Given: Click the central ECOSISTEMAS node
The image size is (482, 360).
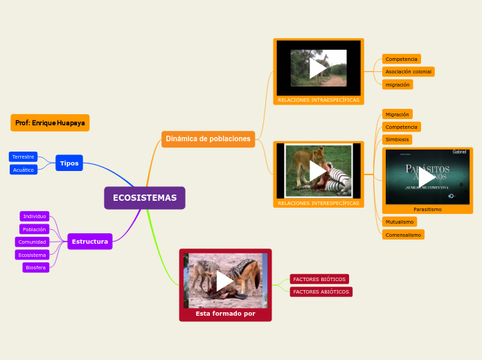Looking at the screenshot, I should tap(145, 198).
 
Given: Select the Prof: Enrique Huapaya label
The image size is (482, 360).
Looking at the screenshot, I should tap(50, 123).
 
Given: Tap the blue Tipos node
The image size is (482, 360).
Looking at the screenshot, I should tap(69, 163).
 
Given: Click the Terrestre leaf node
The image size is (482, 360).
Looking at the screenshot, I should tap(23, 157).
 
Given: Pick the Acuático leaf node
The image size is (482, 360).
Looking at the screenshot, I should tap(24, 170).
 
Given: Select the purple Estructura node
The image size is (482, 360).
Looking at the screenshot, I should tap(90, 242).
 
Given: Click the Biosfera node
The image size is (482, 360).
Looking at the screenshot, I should tap(35, 267).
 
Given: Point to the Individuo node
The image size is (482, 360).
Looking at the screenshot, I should tap(35, 217).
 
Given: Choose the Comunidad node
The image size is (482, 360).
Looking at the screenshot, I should tap(33, 242).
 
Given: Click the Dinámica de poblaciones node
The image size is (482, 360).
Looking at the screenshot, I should tap(208, 139).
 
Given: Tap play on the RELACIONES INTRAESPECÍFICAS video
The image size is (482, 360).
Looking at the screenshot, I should tap(319, 68).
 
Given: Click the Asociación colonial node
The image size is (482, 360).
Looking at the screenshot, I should tap(408, 72).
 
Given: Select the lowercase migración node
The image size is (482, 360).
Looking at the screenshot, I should tap(398, 84).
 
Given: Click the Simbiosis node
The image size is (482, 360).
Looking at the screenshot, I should tap(397, 140).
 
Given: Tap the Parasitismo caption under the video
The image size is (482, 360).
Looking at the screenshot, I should tap(427, 209).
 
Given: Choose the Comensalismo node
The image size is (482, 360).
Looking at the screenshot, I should tap(403, 235).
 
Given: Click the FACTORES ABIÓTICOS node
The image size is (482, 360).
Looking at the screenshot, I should tap(321, 292).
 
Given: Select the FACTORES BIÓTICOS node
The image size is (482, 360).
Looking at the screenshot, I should tap(319, 279).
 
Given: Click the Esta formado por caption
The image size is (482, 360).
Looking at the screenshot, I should tap(225, 314).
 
